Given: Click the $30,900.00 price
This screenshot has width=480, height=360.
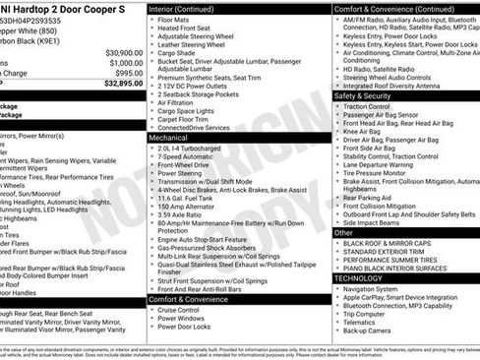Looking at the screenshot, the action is tap(123, 52).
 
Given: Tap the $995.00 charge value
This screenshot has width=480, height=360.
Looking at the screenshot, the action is tap(128, 74).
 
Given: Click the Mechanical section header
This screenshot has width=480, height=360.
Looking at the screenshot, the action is tap(168, 139).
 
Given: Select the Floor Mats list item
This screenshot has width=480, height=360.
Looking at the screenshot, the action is tap(174, 18).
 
